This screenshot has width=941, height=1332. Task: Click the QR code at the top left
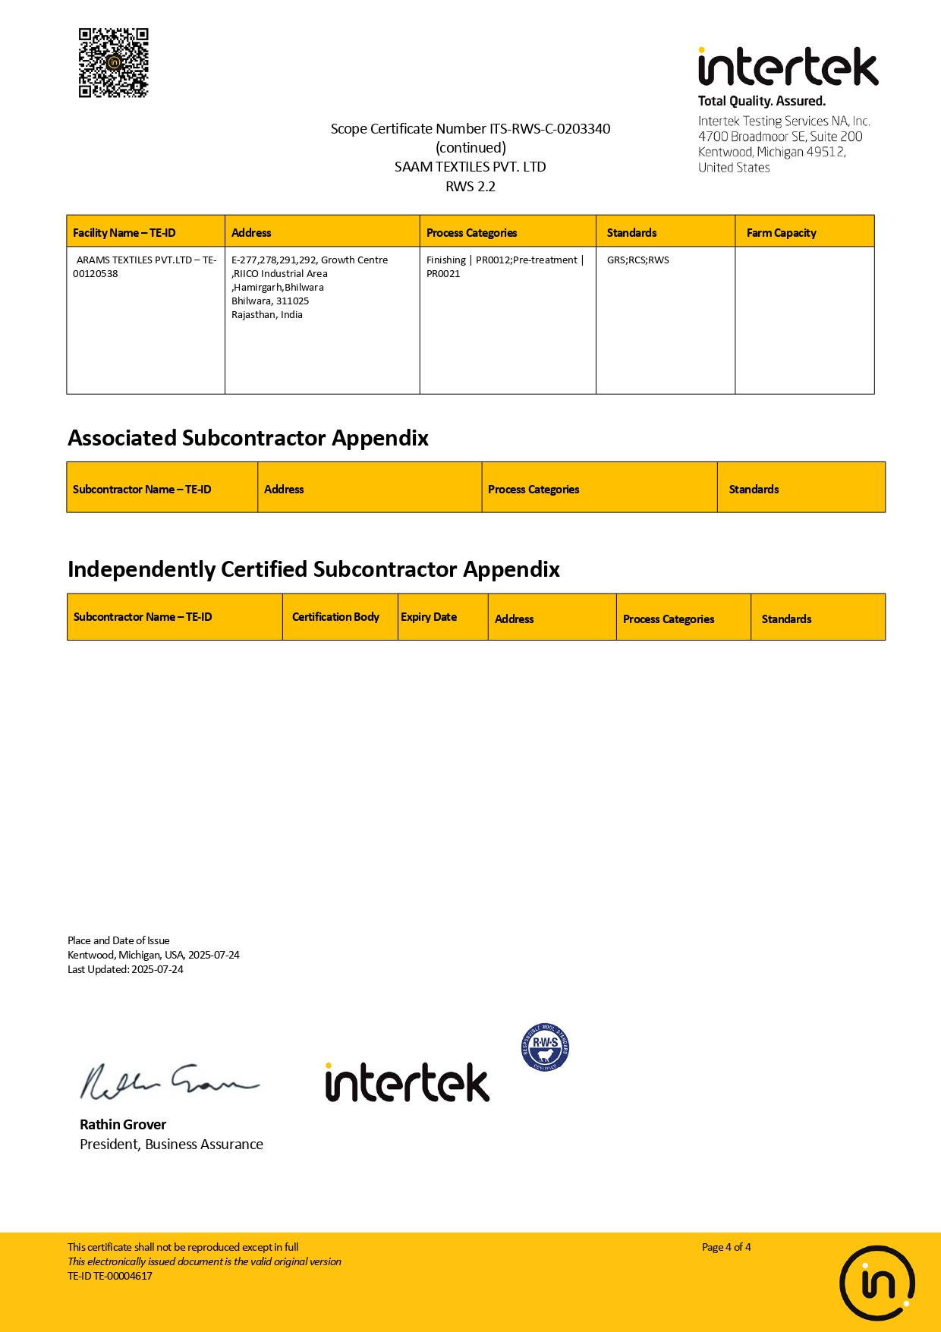(x=113, y=63)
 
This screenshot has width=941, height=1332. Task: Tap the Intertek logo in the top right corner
(x=788, y=68)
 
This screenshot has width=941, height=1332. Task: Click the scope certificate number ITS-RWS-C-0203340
(x=549, y=129)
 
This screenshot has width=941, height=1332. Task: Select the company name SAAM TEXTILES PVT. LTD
(x=470, y=167)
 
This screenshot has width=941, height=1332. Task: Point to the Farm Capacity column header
(x=781, y=233)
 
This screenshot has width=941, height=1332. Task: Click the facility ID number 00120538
(x=96, y=274)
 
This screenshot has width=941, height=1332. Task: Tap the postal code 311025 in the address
(x=292, y=301)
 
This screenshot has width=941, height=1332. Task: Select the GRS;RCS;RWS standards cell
(x=637, y=260)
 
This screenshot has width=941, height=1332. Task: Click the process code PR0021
(x=443, y=274)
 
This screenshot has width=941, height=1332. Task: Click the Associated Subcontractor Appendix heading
(x=248, y=438)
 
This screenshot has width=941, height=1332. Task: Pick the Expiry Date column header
(x=429, y=617)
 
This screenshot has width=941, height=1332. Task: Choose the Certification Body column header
(x=335, y=617)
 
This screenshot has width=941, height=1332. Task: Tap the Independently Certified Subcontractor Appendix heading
(x=313, y=569)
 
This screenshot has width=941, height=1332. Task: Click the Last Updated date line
(x=125, y=969)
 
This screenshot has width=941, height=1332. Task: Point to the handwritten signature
(x=169, y=1081)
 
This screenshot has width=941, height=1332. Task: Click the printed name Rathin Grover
(x=123, y=1125)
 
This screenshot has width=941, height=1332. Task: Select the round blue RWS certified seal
(x=545, y=1047)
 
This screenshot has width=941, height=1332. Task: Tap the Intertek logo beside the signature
(x=408, y=1083)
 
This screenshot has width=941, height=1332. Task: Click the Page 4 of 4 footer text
(x=726, y=1247)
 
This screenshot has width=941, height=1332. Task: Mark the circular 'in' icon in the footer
(x=876, y=1283)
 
